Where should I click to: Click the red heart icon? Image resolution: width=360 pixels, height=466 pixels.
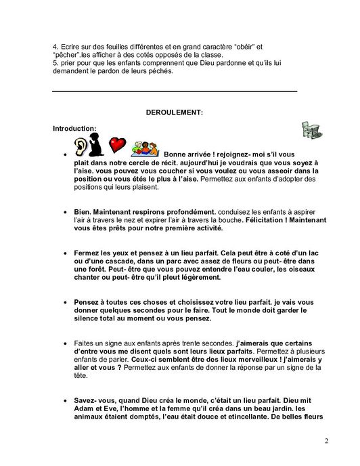click(118, 145)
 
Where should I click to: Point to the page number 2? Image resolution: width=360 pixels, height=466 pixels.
click(327, 442)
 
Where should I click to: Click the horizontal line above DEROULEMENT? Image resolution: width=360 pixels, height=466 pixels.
click(175, 91)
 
